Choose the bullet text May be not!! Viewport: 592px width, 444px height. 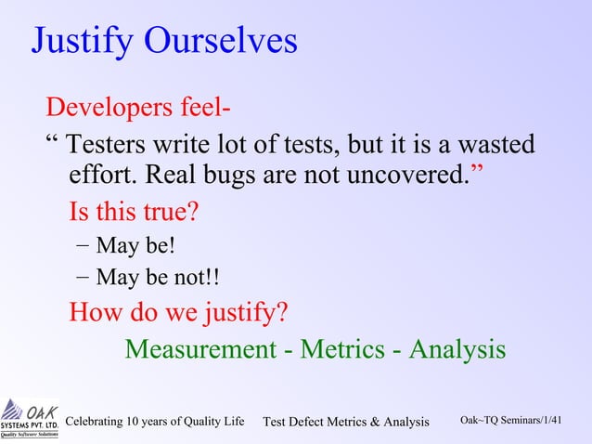(x=158, y=278)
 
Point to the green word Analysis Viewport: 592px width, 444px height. (x=457, y=349)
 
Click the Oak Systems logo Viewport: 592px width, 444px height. (x=30, y=419)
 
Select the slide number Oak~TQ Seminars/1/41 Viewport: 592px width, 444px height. (x=511, y=421)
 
